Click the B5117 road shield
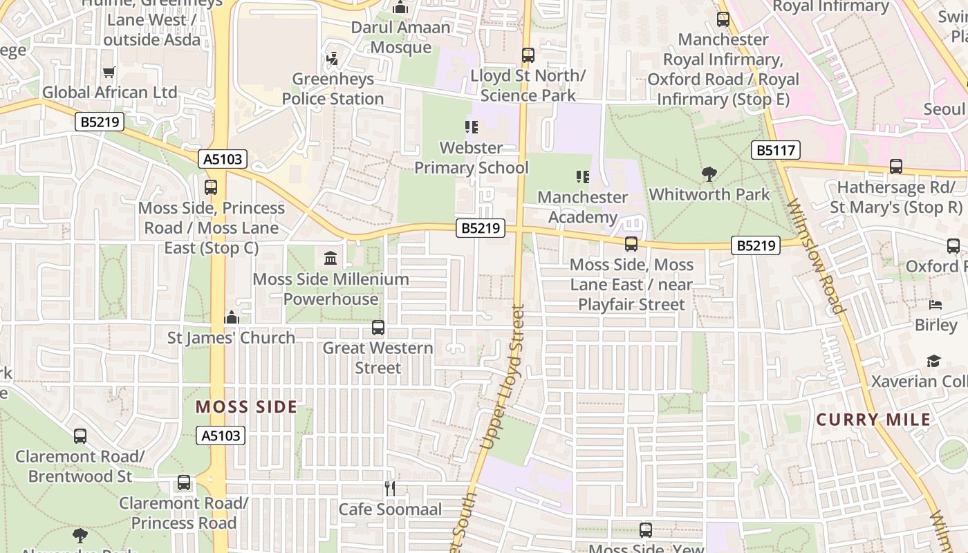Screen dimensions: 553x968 click(775, 150)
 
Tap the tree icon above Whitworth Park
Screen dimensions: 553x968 click(709, 174)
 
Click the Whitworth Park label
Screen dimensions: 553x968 click(709, 194)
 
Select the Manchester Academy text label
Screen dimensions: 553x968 click(582, 207)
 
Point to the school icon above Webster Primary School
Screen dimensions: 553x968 click(472, 127)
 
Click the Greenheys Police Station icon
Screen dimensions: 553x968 click(333, 59)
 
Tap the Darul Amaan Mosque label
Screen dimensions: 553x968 click(401, 37)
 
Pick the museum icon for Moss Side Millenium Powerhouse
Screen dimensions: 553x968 click(331, 259)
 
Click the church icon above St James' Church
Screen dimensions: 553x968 click(232, 317)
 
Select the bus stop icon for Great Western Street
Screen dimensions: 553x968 click(378, 328)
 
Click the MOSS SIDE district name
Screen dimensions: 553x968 click(246, 407)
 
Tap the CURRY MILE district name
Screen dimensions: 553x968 click(873, 420)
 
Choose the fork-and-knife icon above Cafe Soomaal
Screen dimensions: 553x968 click(390, 489)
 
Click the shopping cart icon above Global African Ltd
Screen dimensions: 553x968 click(109, 73)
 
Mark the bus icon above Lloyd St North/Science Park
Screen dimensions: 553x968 click(528, 55)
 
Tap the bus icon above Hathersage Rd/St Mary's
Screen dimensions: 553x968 click(895, 167)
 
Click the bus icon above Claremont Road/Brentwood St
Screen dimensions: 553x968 click(80, 436)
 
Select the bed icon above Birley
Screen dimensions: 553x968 click(936, 305)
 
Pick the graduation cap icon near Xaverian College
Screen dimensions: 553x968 click(933, 361)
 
